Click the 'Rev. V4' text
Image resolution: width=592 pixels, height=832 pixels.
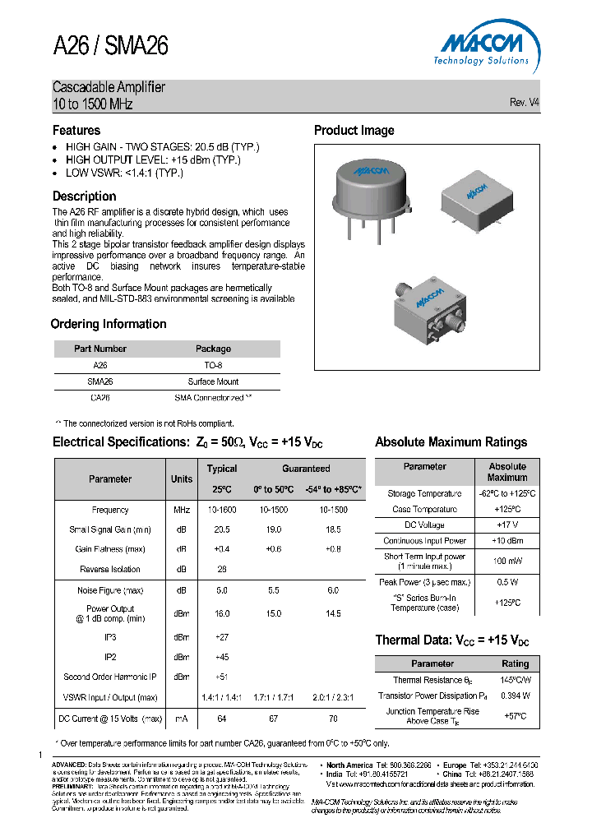click(x=525, y=103)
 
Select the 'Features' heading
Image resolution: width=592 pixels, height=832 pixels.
click(x=76, y=131)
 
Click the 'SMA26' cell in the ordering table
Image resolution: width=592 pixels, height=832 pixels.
click(x=100, y=381)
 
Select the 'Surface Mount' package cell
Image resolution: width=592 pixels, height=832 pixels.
click(x=213, y=381)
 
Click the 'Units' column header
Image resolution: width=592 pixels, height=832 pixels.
click(x=182, y=479)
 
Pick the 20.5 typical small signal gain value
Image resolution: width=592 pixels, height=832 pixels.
click(x=221, y=530)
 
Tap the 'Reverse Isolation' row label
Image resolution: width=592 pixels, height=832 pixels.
click(x=110, y=569)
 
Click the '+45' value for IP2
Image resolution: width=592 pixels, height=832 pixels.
click(x=221, y=657)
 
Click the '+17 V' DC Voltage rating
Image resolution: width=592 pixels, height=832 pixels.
click(x=507, y=525)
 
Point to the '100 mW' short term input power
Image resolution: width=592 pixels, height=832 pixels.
click(x=507, y=562)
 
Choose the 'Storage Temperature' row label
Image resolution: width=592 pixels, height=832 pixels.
click(x=424, y=494)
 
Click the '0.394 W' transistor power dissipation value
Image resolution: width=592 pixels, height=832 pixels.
click(x=516, y=696)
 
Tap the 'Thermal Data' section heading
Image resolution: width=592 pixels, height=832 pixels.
click(x=451, y=640)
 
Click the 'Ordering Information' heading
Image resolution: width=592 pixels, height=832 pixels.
click(x=109, y=324)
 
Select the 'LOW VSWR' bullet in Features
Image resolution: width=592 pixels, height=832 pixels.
click(x=124, y=173)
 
